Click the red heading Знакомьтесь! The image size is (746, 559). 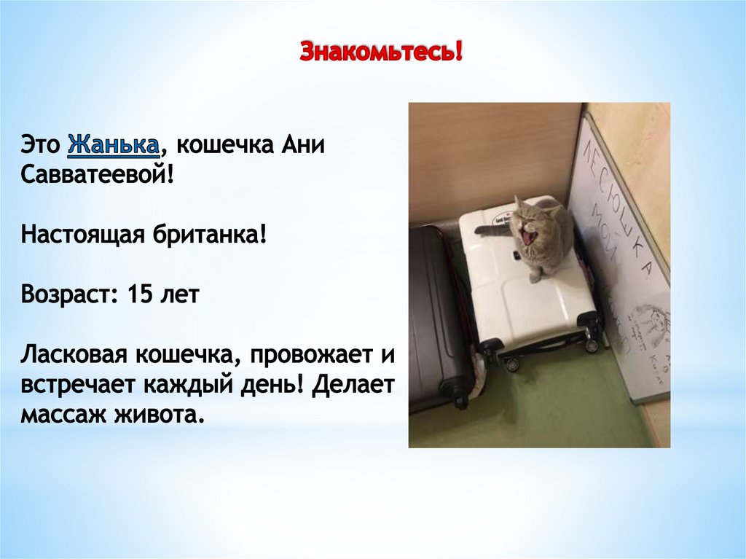pos(382,52)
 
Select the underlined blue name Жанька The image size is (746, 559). pos(114,145)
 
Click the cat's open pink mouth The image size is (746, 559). pos(527,236)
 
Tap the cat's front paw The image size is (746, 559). pos(534,275)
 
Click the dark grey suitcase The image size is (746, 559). pos(433,313)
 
